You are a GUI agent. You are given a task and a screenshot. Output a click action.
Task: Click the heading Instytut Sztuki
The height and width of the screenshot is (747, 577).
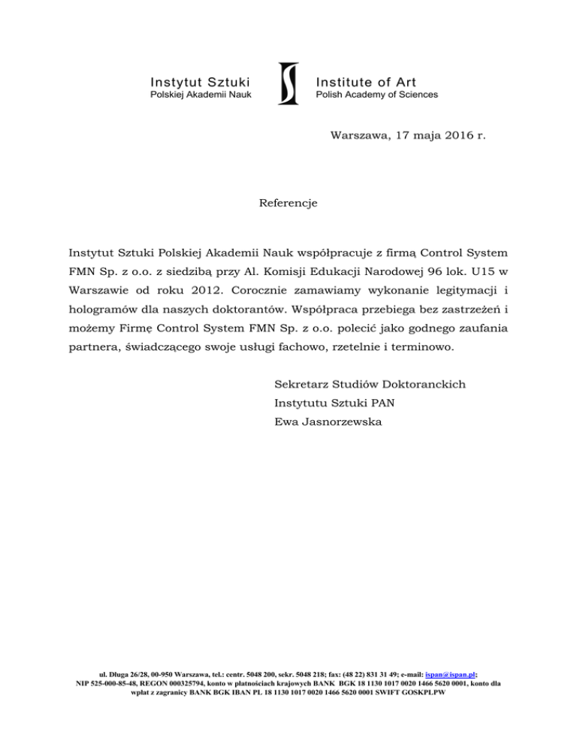tap(200, 81)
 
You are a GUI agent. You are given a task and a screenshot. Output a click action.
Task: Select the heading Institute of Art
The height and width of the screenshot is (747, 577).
tap(366, 81)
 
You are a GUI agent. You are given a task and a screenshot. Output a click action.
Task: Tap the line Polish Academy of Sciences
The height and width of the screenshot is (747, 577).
tap(376, 95)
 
